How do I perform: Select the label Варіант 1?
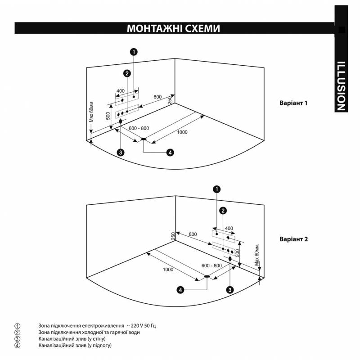pos(293,103)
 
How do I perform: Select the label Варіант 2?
pos(293,239)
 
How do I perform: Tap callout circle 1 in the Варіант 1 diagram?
pos(134,52)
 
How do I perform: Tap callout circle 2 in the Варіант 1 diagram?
pos(127,73)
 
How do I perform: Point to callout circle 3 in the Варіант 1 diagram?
pos(120,153)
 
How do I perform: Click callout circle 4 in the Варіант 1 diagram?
pos(170,153)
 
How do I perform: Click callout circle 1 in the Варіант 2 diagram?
pos(217,189)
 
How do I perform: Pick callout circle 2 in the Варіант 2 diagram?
pos(223,210)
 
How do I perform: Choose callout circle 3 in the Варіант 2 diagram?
pos(230,290)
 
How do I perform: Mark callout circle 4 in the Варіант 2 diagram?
pos(181,290)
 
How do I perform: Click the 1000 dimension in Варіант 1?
pos(182,132)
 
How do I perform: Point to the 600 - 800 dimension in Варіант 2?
pos(211,265)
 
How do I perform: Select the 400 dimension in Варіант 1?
pos(121,91)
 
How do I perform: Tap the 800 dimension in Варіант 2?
pos(193,234)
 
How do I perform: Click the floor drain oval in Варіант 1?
pos(144,139)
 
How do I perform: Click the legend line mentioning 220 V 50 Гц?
pos(99,325)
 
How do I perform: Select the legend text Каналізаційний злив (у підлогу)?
pos(75,345)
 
